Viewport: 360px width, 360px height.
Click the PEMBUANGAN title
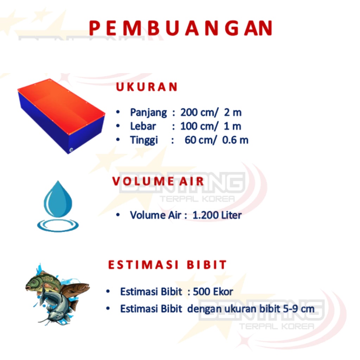click(181, 28)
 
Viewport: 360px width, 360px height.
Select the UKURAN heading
click(147, 87)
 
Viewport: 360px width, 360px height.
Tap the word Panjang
click(148, 113)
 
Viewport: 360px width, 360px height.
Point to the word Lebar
click(143, 126)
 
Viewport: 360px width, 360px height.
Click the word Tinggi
click(144, 140)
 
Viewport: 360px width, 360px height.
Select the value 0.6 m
click(235, 140)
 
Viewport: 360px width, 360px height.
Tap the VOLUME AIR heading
click(158, 181)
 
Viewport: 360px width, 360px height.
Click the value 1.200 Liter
click(217, 215)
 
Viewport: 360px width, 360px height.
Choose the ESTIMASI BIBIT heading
click(167, 264)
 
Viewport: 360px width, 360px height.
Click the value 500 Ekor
click(213, 291)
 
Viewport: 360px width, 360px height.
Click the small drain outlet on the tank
click(71, 150)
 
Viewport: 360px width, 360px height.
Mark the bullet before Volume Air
click(118, 215)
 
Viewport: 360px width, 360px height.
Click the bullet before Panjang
click(118, 112)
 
